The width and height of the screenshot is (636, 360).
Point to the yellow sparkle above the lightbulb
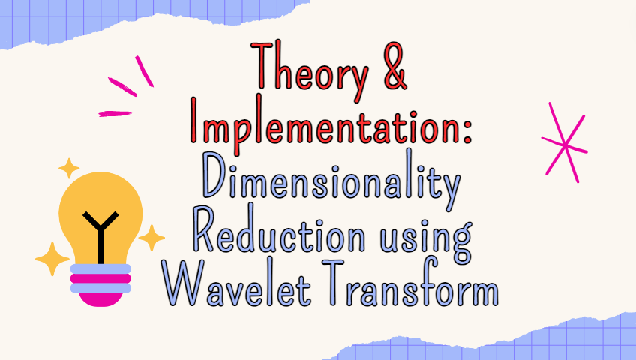(x=69, y=168)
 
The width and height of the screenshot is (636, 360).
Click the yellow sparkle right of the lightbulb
(x=152, y=238)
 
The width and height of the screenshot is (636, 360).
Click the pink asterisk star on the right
(x=565, y=142)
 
